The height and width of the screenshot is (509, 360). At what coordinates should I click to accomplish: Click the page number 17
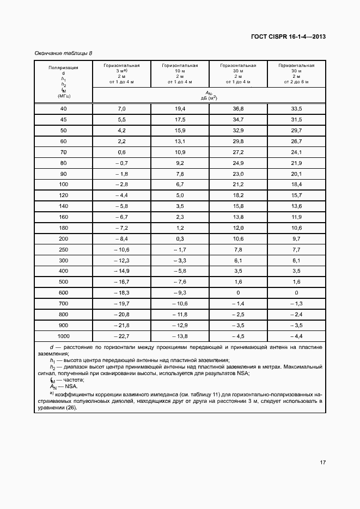click(x=322, y=463)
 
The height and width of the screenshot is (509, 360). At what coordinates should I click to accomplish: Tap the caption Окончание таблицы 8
click(x=63, y=53)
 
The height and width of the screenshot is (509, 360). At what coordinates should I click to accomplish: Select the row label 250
click(x=64, y=249)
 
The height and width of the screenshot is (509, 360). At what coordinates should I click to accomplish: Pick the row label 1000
click(x=64, y=335)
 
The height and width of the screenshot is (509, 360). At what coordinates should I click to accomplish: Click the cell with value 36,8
click(x=239, y=109)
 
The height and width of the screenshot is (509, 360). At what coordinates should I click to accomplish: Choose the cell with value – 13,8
click(x=180, y=335)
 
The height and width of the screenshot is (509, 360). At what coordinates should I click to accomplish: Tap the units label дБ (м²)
click(x=209, y=97)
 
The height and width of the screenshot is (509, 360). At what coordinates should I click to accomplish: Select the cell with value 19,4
click(x=180, y=109)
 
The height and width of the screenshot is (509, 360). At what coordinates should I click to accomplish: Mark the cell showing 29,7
click(x=296, y=131)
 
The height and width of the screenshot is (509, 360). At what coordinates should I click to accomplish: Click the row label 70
click(x=64, y=152)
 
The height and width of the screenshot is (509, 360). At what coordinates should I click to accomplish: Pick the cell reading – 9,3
click(x=180, y=292)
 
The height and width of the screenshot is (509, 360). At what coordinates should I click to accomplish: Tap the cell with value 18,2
click(x=239, y=195)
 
